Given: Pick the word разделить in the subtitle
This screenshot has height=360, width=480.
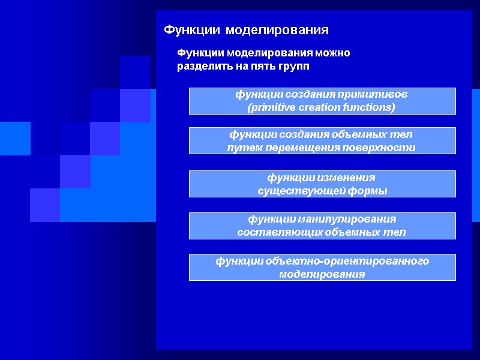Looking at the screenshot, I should pyautogui.click(x=200, y=66).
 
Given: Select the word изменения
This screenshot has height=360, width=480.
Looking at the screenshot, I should pyautogui.click(x=349, y=178).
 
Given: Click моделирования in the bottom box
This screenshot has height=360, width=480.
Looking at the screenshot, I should pyautogui.click(x=322, y=274).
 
